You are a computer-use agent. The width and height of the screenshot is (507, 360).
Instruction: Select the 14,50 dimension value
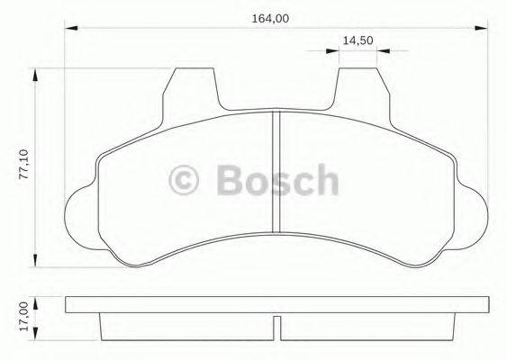[358, 40]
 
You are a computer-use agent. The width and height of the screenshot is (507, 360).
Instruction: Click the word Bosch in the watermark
[278, 181]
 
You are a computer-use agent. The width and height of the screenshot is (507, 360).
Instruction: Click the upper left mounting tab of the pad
[192, 90]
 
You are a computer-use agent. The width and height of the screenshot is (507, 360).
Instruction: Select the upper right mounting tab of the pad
[359, 90]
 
